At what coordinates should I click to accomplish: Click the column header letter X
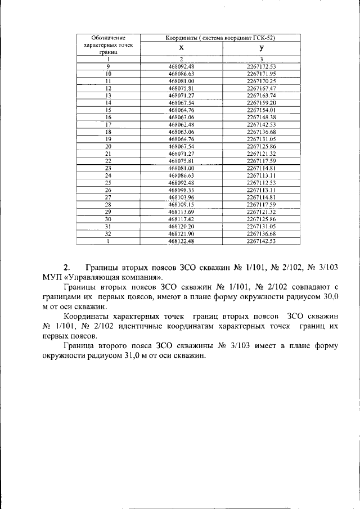point(181,48)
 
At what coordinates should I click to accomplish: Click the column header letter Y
point(262,48)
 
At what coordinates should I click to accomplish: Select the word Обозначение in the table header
point(107,37)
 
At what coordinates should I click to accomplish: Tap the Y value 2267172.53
point(262,66)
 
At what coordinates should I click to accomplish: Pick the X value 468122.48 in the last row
point(181,241)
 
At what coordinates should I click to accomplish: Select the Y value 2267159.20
point(262,103)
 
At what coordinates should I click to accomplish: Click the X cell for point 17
point(181,124)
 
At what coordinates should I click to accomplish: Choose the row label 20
point(108,146)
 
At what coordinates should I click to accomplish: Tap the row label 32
point(108,233)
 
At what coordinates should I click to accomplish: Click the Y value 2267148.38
point(262,117)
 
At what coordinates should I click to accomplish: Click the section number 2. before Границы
point(66,267)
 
